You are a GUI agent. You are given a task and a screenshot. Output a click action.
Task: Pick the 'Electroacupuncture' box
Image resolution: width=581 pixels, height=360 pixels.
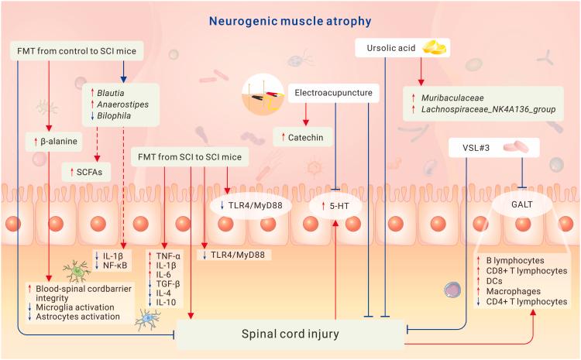point(335,93)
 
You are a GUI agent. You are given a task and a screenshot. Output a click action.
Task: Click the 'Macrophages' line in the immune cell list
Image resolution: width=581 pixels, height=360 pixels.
point(513,290)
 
